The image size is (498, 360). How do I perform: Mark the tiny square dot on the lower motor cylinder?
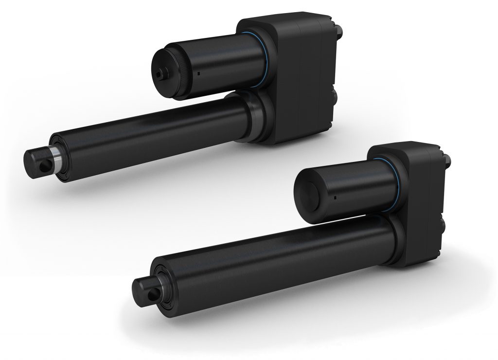[335, 198]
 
